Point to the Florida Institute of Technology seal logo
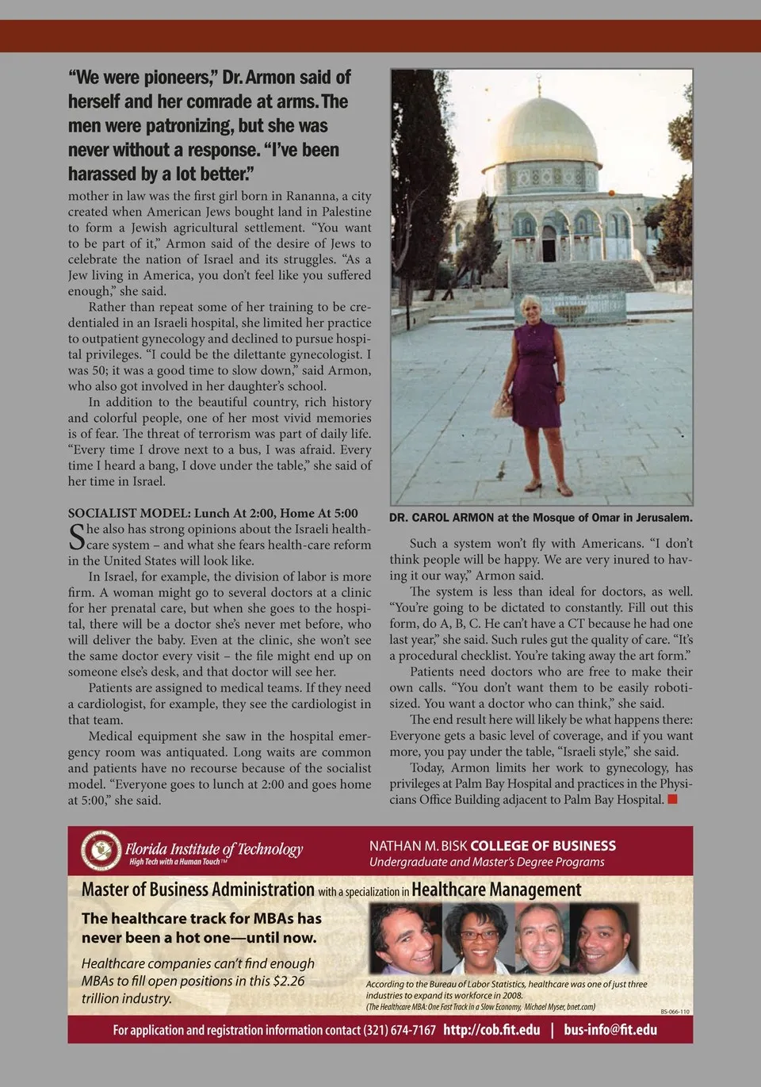101,850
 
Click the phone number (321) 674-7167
400,1030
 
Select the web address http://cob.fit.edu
491,1030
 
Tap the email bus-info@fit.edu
610,1030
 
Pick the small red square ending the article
672,799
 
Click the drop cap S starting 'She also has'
76,537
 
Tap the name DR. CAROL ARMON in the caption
442,518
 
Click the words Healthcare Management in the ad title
496,890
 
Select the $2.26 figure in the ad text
287,981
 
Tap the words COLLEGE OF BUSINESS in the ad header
543,846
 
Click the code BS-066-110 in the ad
675,1012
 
